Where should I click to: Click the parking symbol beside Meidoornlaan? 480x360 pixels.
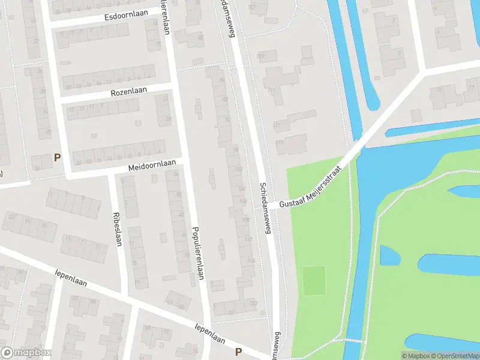[57, 158]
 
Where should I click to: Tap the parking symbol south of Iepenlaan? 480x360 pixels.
[238, 352]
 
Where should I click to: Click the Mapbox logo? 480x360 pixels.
[26, 353]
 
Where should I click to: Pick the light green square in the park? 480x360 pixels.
[314, 280]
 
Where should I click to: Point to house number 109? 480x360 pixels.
[260, 56]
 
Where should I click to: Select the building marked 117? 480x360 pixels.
[277, 125]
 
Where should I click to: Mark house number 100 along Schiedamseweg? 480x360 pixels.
[238, 170]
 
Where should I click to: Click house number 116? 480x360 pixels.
[251, 261]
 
